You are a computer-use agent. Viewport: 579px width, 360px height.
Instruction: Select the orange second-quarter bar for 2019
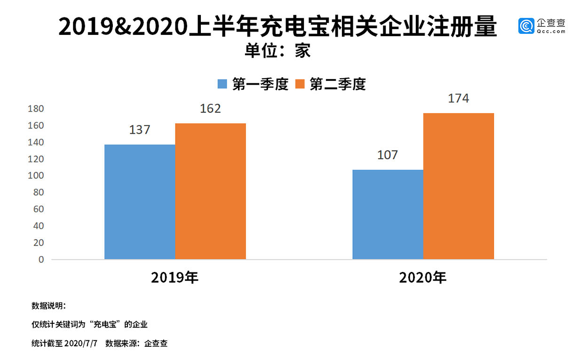click(210, 191)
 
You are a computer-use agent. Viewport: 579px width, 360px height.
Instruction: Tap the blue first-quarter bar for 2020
click(388, 214)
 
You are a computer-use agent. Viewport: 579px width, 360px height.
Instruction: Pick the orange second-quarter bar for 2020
click(458, 186)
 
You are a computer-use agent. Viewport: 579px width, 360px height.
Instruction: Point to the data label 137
click(140, 129)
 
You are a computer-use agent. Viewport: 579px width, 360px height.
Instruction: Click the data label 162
click(210, 109)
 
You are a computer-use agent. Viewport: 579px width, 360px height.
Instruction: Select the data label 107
click(388, 154)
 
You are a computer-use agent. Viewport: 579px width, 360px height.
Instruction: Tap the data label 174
click(459, 99)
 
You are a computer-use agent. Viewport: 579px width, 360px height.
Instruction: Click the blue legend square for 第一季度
click(222, 84)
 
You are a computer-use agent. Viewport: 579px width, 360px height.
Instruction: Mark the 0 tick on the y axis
click(41, 259)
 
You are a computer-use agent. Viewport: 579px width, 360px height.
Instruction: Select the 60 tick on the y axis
click(39, 209)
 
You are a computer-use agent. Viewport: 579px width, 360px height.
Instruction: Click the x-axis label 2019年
click(175, 277)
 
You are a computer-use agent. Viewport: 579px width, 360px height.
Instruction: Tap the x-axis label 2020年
click(423, 278)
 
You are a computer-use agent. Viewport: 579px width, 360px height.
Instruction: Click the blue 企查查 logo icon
click(526, 26)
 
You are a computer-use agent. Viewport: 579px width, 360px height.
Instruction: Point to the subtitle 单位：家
click(278, 50)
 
